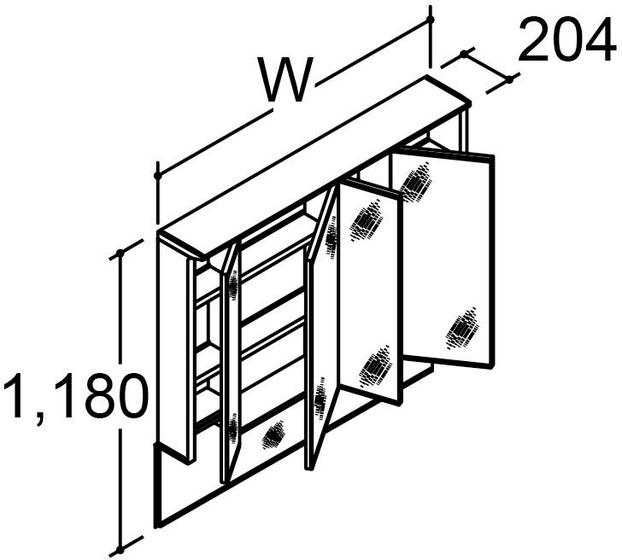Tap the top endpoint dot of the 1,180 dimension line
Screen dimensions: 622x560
(120, 253)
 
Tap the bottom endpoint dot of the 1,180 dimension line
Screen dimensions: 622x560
(120, 550)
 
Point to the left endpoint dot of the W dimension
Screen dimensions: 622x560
(158, 176)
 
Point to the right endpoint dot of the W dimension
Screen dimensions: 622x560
(430, 20)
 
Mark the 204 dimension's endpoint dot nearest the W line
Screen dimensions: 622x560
(463, 54)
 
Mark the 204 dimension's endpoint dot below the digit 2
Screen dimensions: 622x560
(510, 79)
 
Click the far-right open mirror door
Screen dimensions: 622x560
(443, 258)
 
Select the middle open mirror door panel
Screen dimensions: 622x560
(370, 291)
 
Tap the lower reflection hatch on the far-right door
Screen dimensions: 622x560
(462, 328)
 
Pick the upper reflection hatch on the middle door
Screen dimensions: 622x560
(367, 221)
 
